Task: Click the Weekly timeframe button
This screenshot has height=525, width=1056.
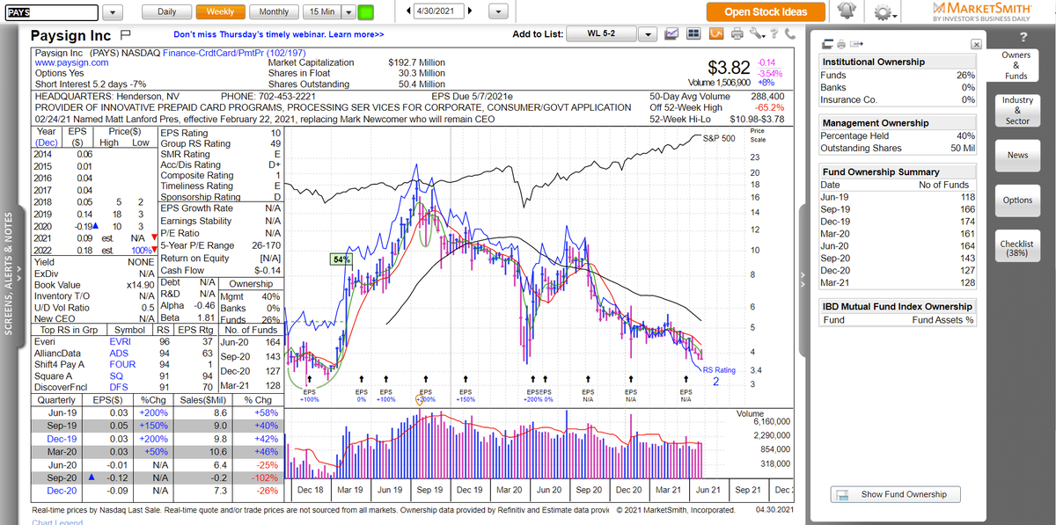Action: click(x=220, y=11)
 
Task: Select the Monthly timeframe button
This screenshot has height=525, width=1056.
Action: click(x=274, y=11)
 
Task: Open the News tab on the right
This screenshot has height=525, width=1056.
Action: click(x=1017, y=155)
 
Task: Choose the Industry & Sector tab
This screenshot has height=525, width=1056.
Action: click(x=1017, y=110)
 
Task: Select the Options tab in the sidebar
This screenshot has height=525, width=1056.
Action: click(x=1017, y=201)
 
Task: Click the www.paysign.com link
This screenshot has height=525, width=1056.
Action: click(x=71, y=63)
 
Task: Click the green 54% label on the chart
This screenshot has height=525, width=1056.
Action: click(x=341, y=259)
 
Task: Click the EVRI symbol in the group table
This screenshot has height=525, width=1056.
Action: click(x=121, y=341)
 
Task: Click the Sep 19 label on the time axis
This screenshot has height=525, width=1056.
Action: click(x=429, y=490)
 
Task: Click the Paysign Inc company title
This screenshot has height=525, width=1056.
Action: click(x=71, y=36)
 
